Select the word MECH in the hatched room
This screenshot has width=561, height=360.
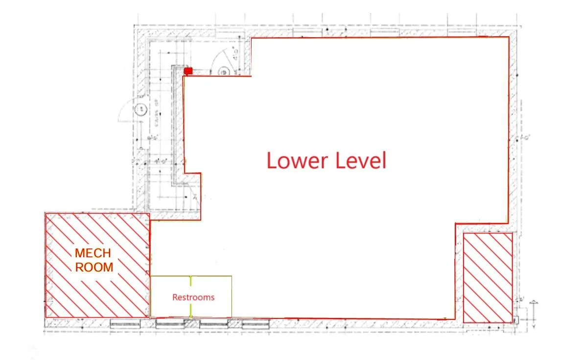click(x=93, y=253)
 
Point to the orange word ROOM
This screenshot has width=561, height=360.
click(x=94, y=268)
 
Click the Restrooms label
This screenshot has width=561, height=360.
click(x=193, y=297)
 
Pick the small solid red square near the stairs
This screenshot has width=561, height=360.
click(x=188, y=71)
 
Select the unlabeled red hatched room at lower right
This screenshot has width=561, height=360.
click(x=488, y=277)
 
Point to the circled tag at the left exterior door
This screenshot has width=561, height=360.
click(x=142, y=109)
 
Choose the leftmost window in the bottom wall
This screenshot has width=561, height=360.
click(x=125, y=323)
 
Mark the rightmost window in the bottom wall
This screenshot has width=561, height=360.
click(x=256, y=323)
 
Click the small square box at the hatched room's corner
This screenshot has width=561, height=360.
click(x=515, y=319)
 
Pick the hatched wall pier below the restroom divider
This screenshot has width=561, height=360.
click(x=191, y=323)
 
